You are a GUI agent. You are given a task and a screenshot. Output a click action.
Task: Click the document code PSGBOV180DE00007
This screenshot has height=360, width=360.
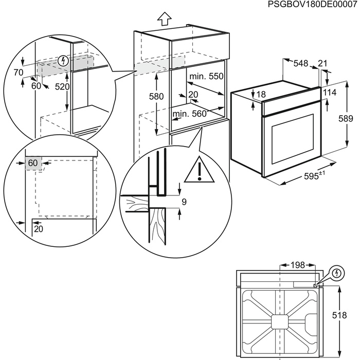point(313,4)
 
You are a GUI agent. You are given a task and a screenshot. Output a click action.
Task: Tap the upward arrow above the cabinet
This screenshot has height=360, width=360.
point(164,19)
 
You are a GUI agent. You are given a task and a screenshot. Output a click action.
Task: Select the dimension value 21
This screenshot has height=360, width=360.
point(322,63)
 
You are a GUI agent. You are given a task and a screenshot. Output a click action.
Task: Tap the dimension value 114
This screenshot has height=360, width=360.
point(329,92)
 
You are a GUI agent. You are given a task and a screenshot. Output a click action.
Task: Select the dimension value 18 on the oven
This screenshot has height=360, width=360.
point(261,94)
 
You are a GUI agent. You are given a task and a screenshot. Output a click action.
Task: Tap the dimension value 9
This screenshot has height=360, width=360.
point(184,202)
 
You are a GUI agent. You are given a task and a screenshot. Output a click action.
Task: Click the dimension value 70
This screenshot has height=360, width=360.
point(19,73)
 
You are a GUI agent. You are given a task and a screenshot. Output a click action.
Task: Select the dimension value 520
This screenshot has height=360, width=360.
point(62,87)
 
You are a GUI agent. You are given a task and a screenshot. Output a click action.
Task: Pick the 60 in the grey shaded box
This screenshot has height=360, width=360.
point(33,163)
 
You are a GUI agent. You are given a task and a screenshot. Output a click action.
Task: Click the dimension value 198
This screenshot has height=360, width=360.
point(297,265)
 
